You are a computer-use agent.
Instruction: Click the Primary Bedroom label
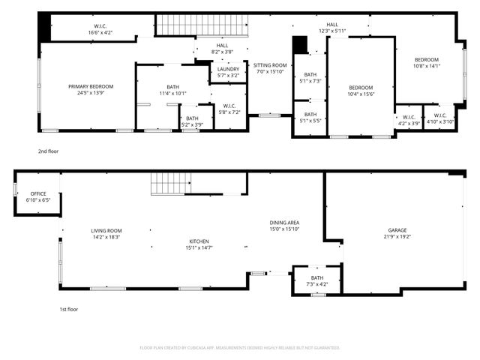(x=85, y=87)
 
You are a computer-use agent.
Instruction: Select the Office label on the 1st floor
(x=37, y=193)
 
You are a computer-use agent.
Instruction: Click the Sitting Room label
(x=269, y=65)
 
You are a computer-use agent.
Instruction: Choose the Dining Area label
(x=285, y=223)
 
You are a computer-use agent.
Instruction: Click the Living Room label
(x=106, y=230)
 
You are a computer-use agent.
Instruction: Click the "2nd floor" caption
(x=48, y=151)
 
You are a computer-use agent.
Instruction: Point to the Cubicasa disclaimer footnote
(x=240, y=347)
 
